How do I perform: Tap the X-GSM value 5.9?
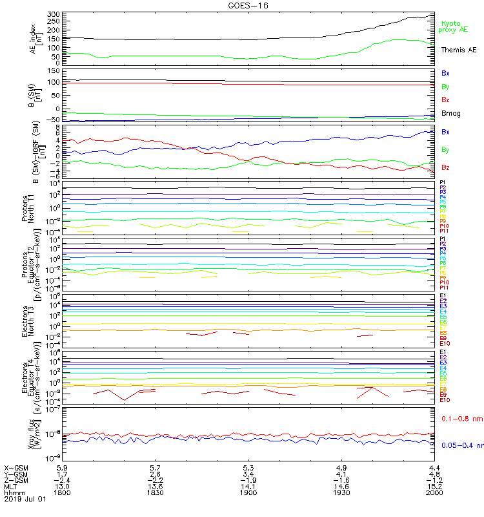63,467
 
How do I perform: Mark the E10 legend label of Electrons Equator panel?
445,400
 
